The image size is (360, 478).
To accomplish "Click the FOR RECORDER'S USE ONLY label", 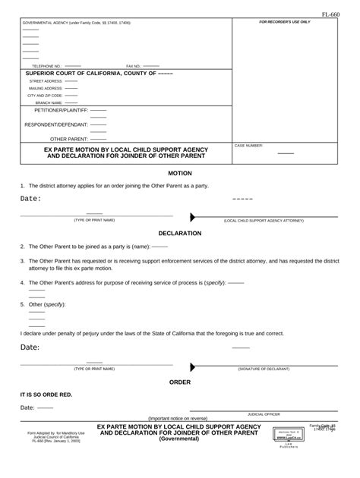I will click(x=285, y=22).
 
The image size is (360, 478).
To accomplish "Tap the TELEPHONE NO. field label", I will click(x=46, y=67).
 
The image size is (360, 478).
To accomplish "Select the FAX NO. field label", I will click(x=133, y=67).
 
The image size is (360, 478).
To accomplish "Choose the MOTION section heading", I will click(x=179, y=173).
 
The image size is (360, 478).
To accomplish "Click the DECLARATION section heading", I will click(x=179, y=233).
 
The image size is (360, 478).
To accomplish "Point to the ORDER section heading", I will click(x=179, y=382).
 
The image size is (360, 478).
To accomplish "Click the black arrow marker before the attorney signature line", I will click(x=193, y=215).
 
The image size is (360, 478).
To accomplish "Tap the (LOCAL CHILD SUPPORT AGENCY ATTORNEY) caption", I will click(x=263, y=220).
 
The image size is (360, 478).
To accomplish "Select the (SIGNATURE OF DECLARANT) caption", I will click(x=264, y=369).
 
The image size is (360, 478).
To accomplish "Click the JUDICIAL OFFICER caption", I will click(x=264, y=414).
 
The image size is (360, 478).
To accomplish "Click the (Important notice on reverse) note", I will click(x=178, y=419).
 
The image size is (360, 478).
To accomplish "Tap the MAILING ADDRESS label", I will click(x=46, y=88).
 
